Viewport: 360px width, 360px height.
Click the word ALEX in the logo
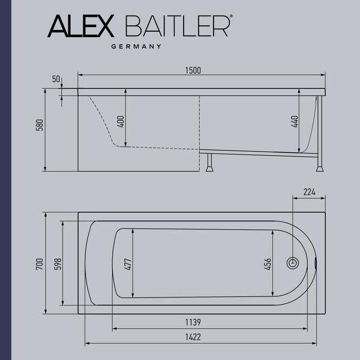point(80,27)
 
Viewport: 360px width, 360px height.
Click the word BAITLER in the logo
point(176,27)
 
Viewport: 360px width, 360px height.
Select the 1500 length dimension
point(193,70)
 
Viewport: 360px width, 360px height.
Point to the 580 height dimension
point(40,125)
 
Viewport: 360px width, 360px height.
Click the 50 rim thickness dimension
point(56,79)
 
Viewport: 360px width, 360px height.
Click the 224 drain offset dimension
point(309,192)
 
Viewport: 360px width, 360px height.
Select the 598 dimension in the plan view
point(58,263)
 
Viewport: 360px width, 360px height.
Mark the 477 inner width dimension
point(128,263)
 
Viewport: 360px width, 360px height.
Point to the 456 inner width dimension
point(268,263)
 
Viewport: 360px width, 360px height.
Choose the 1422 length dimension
point(193,338)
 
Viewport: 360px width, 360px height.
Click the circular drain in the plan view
point(292,263)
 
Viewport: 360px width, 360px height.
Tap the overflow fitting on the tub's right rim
point(316,262)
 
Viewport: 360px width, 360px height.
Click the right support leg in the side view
point(321,138)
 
